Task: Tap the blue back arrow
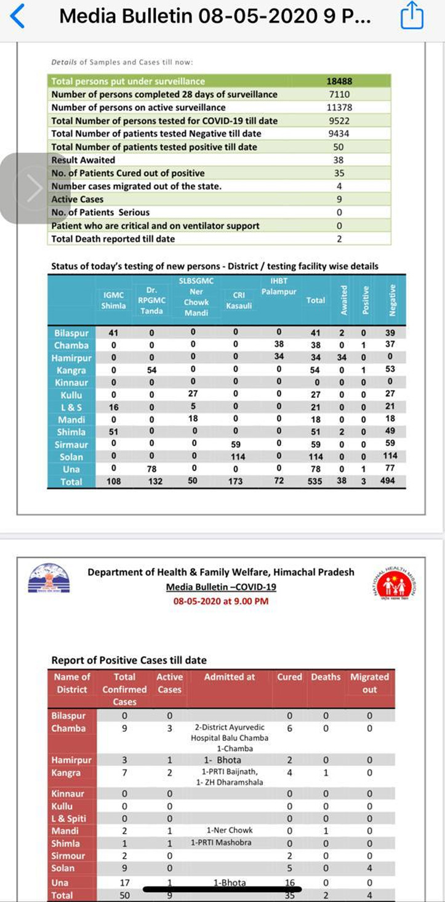[18, 16]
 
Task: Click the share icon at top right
[412, 16]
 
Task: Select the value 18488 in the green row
[339, 81]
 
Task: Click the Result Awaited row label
[83, 160]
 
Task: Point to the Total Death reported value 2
[339, 238]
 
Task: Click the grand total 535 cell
[315, 481]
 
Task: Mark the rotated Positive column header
[366, 300]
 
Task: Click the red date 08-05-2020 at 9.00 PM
[221, 601]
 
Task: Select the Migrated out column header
[369, 683]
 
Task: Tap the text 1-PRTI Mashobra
[220, 842]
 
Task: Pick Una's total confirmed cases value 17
[124, 882]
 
